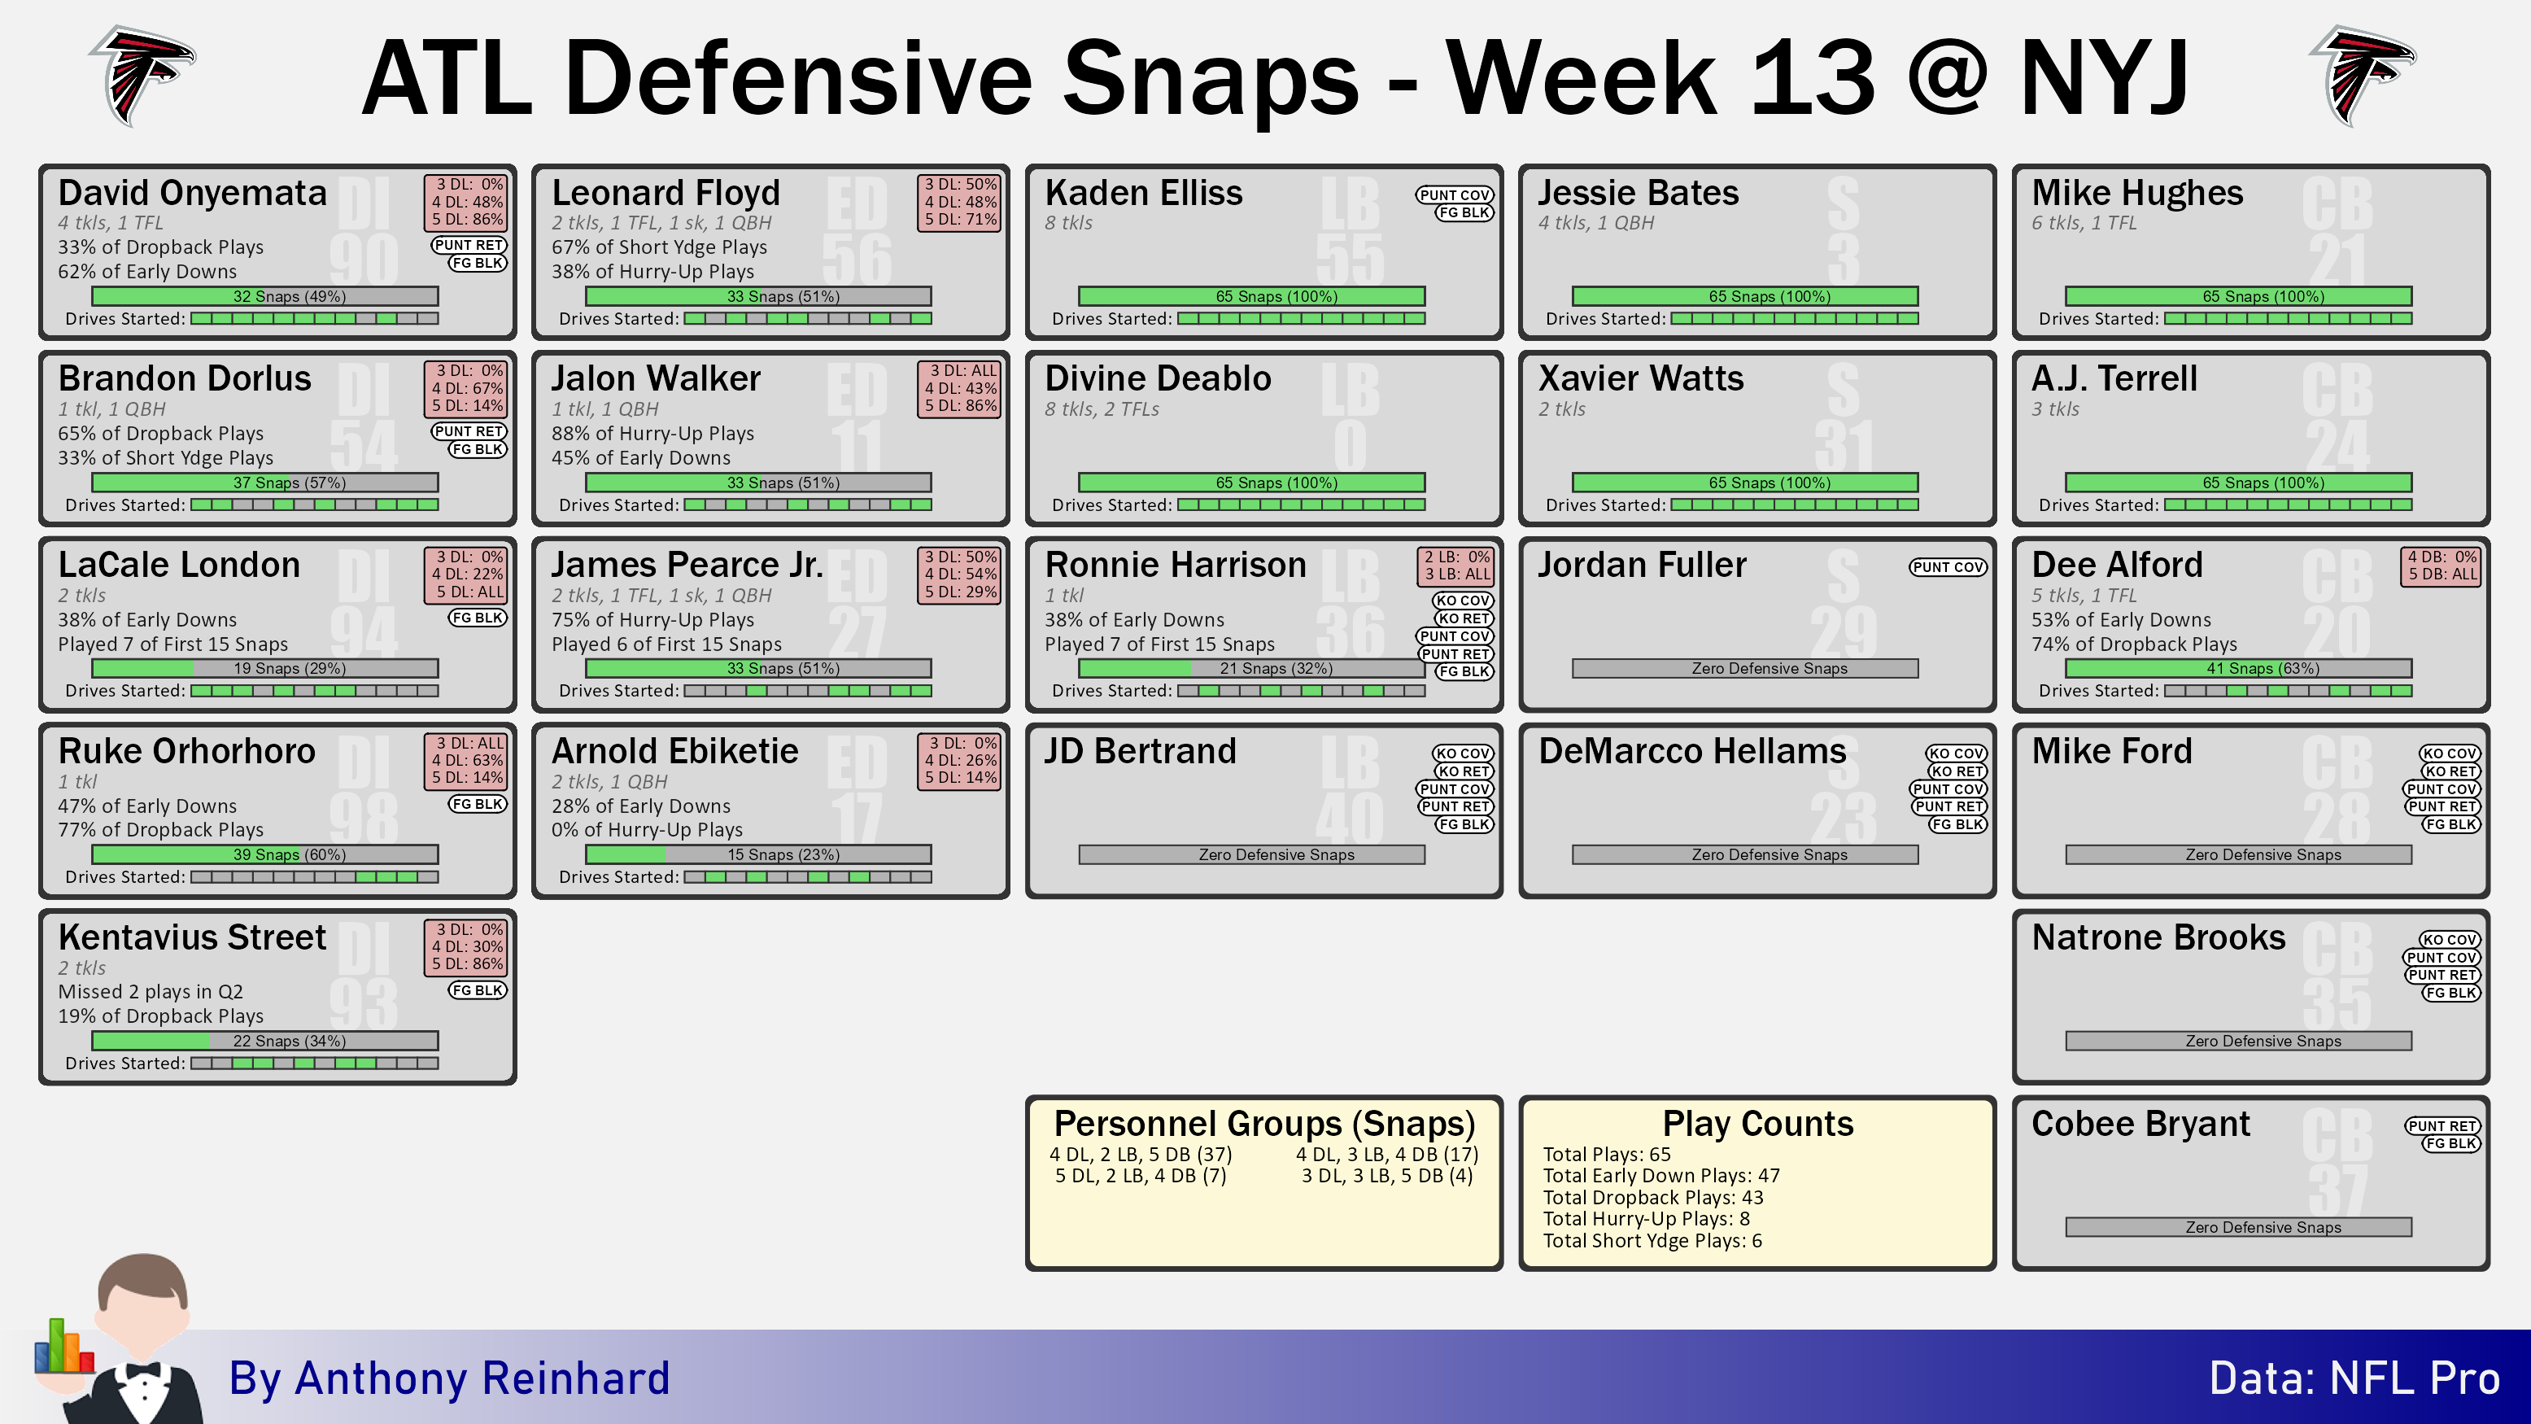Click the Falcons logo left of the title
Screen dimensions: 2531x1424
pyautogui.click(x=142, y=76)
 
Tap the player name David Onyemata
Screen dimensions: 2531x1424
pyautogui.click(x=193, y=193)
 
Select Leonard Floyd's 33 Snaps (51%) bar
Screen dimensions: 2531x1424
pyautogui.click(x=758, y=296)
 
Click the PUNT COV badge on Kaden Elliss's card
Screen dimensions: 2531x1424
pyautogui.click(x=1454, y=194)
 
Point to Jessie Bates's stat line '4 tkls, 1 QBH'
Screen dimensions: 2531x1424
pyautogui.click(x=1595, y=223)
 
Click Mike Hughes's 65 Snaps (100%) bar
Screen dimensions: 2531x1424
pyautogui.click(x=2238, y=296)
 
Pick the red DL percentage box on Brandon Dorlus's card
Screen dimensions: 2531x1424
pyautogui.click(x=465, y=388)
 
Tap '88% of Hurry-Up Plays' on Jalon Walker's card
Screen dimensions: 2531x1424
pyautogui.click(x=652, y=434)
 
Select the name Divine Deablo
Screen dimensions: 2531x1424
pyautogui.click(x=1158, y=378)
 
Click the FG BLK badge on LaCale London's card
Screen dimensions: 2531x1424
pyautogui.click(x=478, y=617)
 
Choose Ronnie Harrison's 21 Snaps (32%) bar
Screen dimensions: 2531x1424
pyautogui.click(x=1252, y=668)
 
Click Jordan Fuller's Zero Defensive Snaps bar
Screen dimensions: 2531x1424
pyautogui.click(x=1745, y=668)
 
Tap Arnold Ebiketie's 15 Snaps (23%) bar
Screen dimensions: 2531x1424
pyautogui.click(x=758, y=855)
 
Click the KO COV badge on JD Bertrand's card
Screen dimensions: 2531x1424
pyautogui.click(x=1462, y=753)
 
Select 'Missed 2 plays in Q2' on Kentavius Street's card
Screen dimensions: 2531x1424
pyautogui.click(x=151, y=992)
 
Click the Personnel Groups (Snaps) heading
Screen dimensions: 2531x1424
pyautogui.click(x=1264, y=1123)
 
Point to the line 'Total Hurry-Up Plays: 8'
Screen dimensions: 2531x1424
pyautogui.click(x=1646, y=1219)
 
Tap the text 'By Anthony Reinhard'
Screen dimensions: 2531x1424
pyautogui.click(x=449, y=1378)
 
